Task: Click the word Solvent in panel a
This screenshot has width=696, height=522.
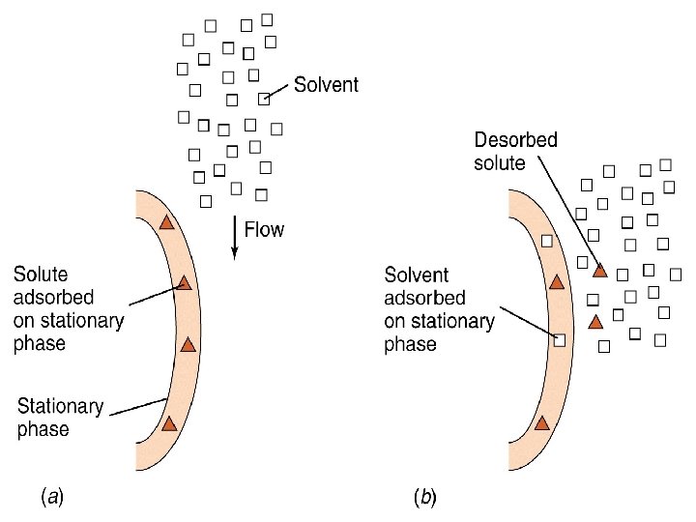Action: pyautogui.click(x=326, y=85)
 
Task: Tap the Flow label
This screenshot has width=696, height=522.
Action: pyautogui.click(x=264, y=230)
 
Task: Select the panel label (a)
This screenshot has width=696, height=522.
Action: pyautogui.click(x=51, y=498)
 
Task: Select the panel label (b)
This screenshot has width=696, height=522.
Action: pyautogui.click(x=425, y=498)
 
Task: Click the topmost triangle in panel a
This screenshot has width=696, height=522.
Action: pyautogui.click(x=166, y=222)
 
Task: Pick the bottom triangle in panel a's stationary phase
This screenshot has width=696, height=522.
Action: pyautogui.click(x=169, y=422)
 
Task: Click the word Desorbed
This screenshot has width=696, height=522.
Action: pyautogui.click(x=515, y=140)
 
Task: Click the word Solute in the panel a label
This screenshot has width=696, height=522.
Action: pyautogui.click(x=41, y=275)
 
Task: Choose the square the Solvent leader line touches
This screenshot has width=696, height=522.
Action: pyautogui.click(x=264, y=98)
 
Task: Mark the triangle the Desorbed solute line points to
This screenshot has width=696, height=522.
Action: pyautogui.click(x=599, y=271)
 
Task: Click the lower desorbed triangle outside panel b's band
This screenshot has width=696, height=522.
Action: pyautogui.click(x=595, y=321)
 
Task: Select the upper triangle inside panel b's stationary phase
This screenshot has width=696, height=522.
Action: pyautogui.click(x=556, y=282)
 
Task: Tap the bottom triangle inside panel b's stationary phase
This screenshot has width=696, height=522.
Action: pyautogui.click(x=542, y=422)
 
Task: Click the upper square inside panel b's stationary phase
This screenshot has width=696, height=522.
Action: pyautogui.click(x=547, y=241)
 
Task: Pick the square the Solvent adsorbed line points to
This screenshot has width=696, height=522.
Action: pyautogui.click(x=559, y=339)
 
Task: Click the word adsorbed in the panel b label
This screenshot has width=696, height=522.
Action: pyautogui.click(x=424, y=299)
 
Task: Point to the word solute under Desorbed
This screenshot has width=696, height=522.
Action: pyautogui.click(x=499, y=162)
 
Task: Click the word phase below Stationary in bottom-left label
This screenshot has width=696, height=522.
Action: pyautogui.click(x=43, y=429)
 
